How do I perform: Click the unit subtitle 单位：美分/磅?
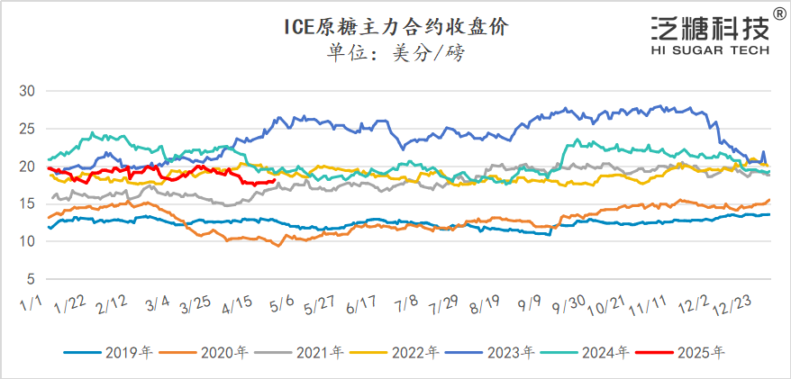[395, 53]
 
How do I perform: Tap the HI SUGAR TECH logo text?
[710, 51]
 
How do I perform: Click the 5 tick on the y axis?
[30, 278]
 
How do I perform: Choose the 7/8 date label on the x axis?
[407, 304]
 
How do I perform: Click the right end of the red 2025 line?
[274, 181]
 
